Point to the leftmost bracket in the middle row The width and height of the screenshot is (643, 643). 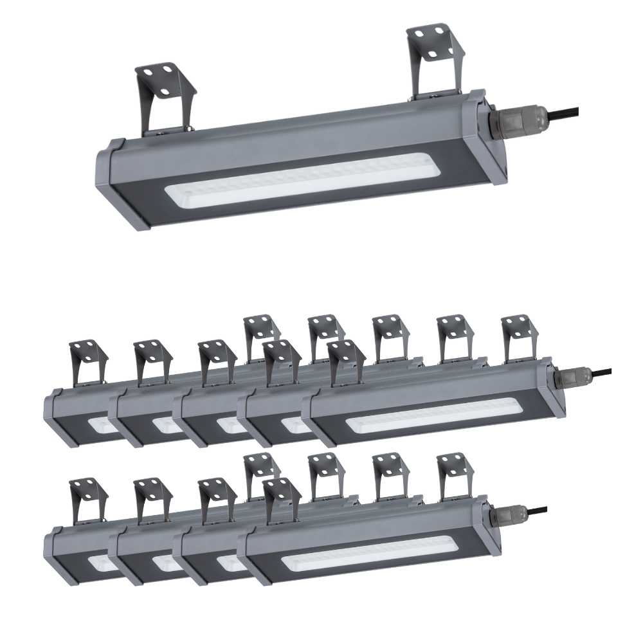(x=87, y=364)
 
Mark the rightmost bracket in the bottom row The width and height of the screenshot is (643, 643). (x=455, y=475)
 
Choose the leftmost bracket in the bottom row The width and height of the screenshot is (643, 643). (x=87, y=502)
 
